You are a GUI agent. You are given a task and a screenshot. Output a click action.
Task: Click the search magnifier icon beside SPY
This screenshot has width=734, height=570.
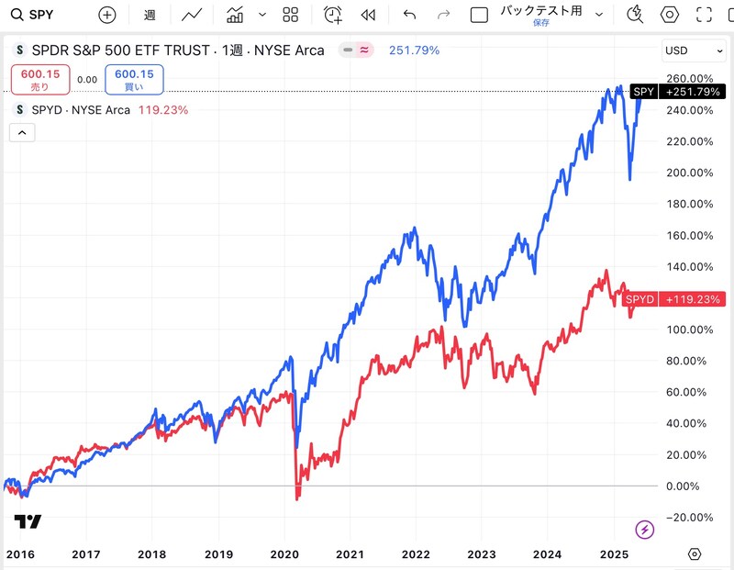(x=17, y=15)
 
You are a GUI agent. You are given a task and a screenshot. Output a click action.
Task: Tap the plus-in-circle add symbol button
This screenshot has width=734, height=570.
(x=107, y=15)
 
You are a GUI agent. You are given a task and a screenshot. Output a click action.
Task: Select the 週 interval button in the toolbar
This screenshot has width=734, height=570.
(x=150, y=15)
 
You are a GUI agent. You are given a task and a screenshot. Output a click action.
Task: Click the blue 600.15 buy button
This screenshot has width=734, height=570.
(x=134, y=80)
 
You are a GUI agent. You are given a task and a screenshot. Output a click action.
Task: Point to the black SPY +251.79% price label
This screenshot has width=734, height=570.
(x=677, y=92)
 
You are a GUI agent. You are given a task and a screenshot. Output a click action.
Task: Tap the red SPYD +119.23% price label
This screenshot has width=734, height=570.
(x=673, y=299)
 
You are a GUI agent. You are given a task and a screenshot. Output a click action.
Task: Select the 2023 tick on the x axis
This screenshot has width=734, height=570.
(x=482, y=554)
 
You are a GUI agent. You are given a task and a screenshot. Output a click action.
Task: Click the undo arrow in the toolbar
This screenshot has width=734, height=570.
(x=409, y=15)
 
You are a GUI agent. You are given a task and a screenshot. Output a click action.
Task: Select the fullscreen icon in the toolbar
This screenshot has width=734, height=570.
(x=704, y=15)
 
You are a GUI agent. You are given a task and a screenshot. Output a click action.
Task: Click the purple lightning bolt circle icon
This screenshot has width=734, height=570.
(x=645, y=530)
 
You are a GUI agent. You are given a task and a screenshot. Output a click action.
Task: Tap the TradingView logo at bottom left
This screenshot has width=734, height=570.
(x=28, y=521)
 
